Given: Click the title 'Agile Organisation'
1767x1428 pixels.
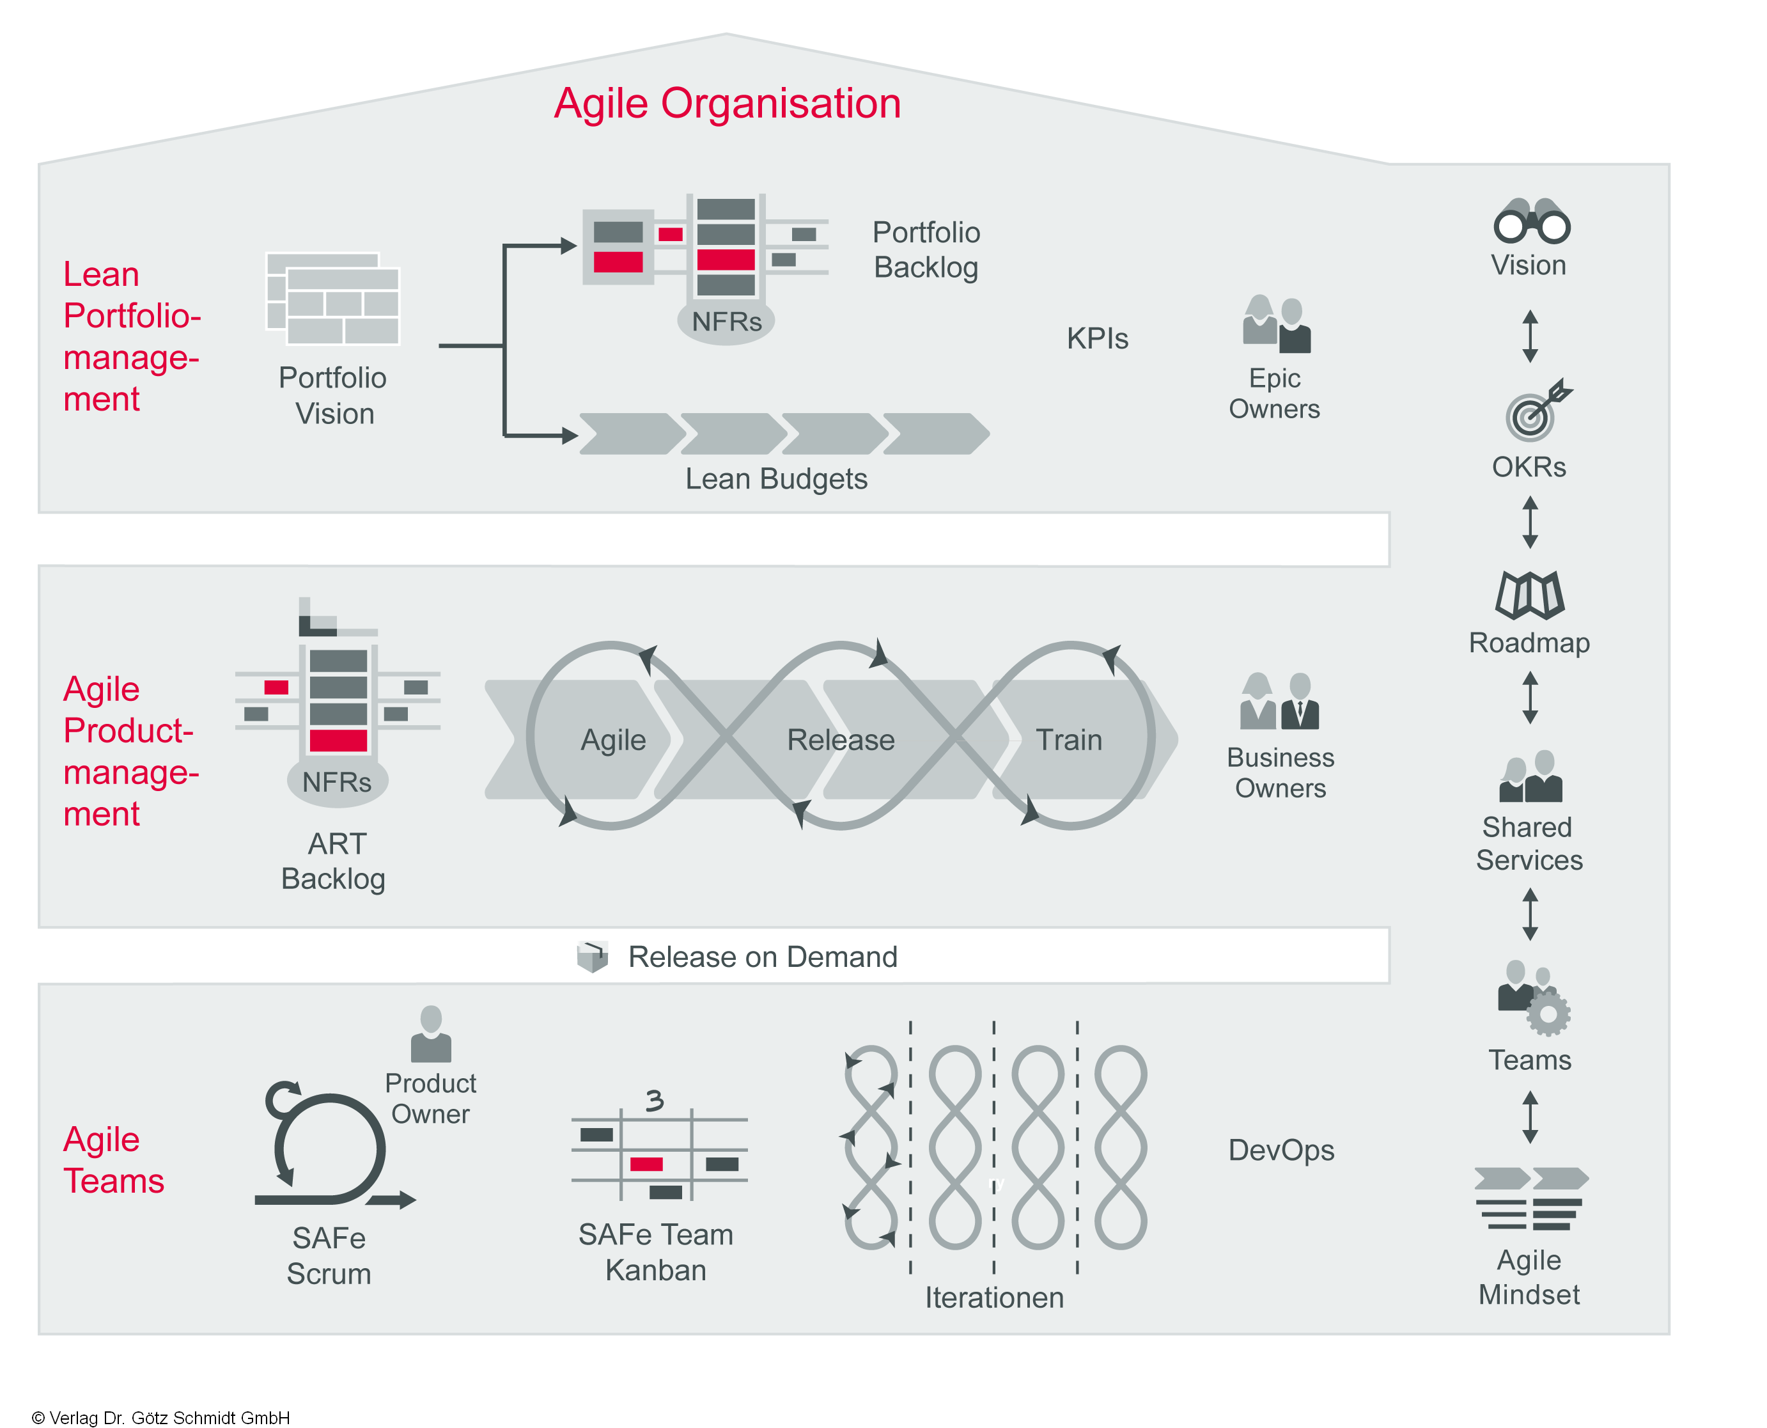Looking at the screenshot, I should coord(727,104).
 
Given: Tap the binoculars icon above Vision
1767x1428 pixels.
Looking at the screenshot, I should coord(1531,221).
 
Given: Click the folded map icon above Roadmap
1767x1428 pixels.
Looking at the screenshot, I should coord(1529,594).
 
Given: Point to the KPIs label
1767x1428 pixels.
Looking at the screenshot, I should coord(1097,338).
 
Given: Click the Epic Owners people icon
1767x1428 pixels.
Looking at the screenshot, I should coord(1276,324).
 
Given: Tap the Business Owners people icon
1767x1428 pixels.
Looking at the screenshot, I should coord(1279,701).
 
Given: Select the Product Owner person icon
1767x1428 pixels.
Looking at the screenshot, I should coord(431,1034).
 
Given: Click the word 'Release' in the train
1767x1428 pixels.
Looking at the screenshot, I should coord(840,739).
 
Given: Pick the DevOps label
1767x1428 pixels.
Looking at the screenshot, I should coord(1280,1150).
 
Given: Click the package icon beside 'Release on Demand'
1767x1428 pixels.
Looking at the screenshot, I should coord(592,956).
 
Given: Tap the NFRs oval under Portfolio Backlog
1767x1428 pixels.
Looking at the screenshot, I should coord(726,322).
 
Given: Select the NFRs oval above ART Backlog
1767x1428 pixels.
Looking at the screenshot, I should coord(337,781).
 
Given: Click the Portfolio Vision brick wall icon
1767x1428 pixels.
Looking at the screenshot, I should coord(333,299).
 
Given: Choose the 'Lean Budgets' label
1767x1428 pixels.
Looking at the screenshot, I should coord(776,479).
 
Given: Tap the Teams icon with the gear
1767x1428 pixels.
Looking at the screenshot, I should coord(1532,997).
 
